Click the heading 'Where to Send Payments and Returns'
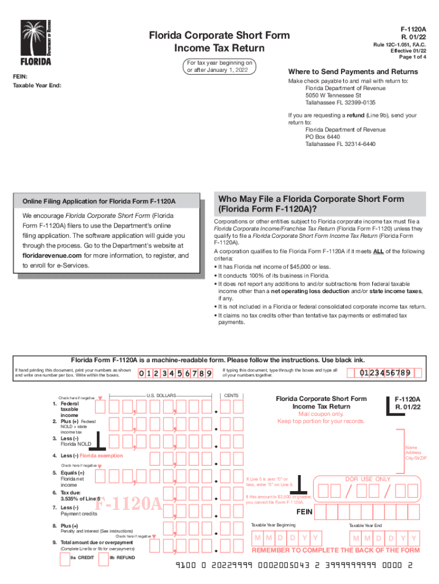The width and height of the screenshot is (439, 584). pos(353,72)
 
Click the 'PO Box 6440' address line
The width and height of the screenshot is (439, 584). pos(323,137)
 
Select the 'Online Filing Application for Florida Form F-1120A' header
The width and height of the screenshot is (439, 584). pos(99,202)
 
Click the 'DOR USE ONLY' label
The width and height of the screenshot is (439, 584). pos(368,479)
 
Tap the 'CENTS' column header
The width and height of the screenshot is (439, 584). pos(231,395)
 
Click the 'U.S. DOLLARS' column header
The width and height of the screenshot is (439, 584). pos(161,395)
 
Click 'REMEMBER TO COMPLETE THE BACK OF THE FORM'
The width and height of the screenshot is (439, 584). pos(336,550)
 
